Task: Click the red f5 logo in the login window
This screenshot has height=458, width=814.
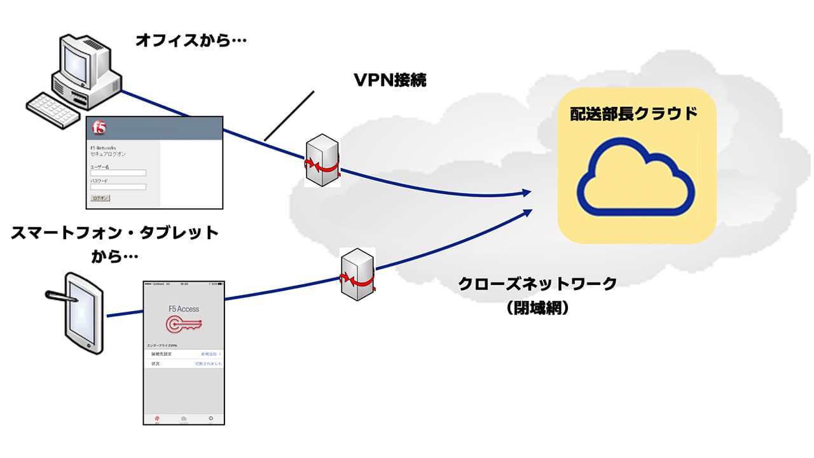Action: pyautogui.click(x=99, y=128)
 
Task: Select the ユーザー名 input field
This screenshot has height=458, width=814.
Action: pyautogui.click(x=118, y=172)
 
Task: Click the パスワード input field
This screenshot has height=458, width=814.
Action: pyautogui.click(x=118, y=186)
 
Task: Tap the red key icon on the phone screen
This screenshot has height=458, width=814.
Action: pyautogui.click(x=183, y=324)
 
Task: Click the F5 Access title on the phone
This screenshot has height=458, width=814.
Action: pyautogui.click(x=183, y=309)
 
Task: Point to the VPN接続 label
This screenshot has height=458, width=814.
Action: pyautogui.click(x=390, y=81)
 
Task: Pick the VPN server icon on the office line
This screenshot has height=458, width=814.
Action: pyautogui.click(x=321, y=160)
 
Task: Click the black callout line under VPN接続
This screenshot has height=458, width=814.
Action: pyautogui.click(x=289, y=115)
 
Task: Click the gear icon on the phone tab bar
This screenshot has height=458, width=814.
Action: pyautogui.click(x=210, y=418)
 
